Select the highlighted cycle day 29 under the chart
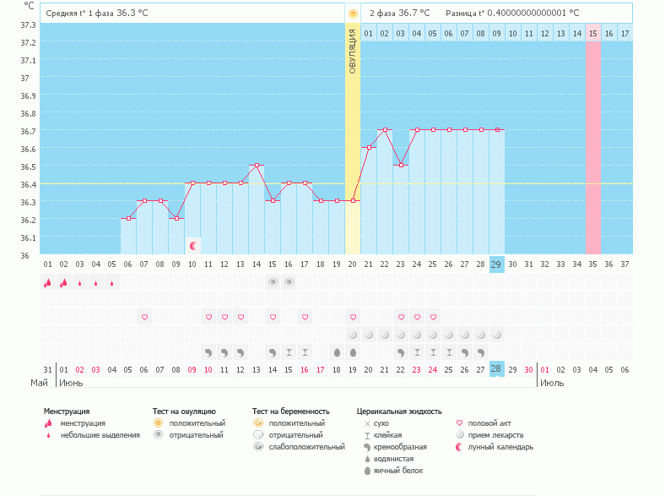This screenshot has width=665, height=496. pyautogui.click(x=496, y=264)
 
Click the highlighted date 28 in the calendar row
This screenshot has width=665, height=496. pyautogui.click(x=496, y=369)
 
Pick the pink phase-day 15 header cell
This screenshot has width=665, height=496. pyautogui.click(x=592, y=33)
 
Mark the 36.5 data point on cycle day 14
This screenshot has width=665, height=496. pyautogui.click(x=257, y=166)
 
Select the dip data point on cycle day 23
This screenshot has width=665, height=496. pyautogui.click(x=401, y=166)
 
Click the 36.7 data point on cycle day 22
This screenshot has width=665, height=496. pyautogui.click(x=385, y=130)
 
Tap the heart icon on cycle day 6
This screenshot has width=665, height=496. pyautogui.click(x=144, y=317)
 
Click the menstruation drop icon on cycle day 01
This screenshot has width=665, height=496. pyautogui.click(x=47, y=282)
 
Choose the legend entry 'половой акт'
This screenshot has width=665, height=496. pyautogui.click(x=489, y=422)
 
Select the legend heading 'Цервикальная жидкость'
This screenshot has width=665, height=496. pyautogui.click(x=399, y=411)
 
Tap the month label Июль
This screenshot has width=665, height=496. pyautogui.click(x=552, y=383)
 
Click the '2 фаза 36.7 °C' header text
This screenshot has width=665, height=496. pyautogui.click(x=399, y=14)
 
